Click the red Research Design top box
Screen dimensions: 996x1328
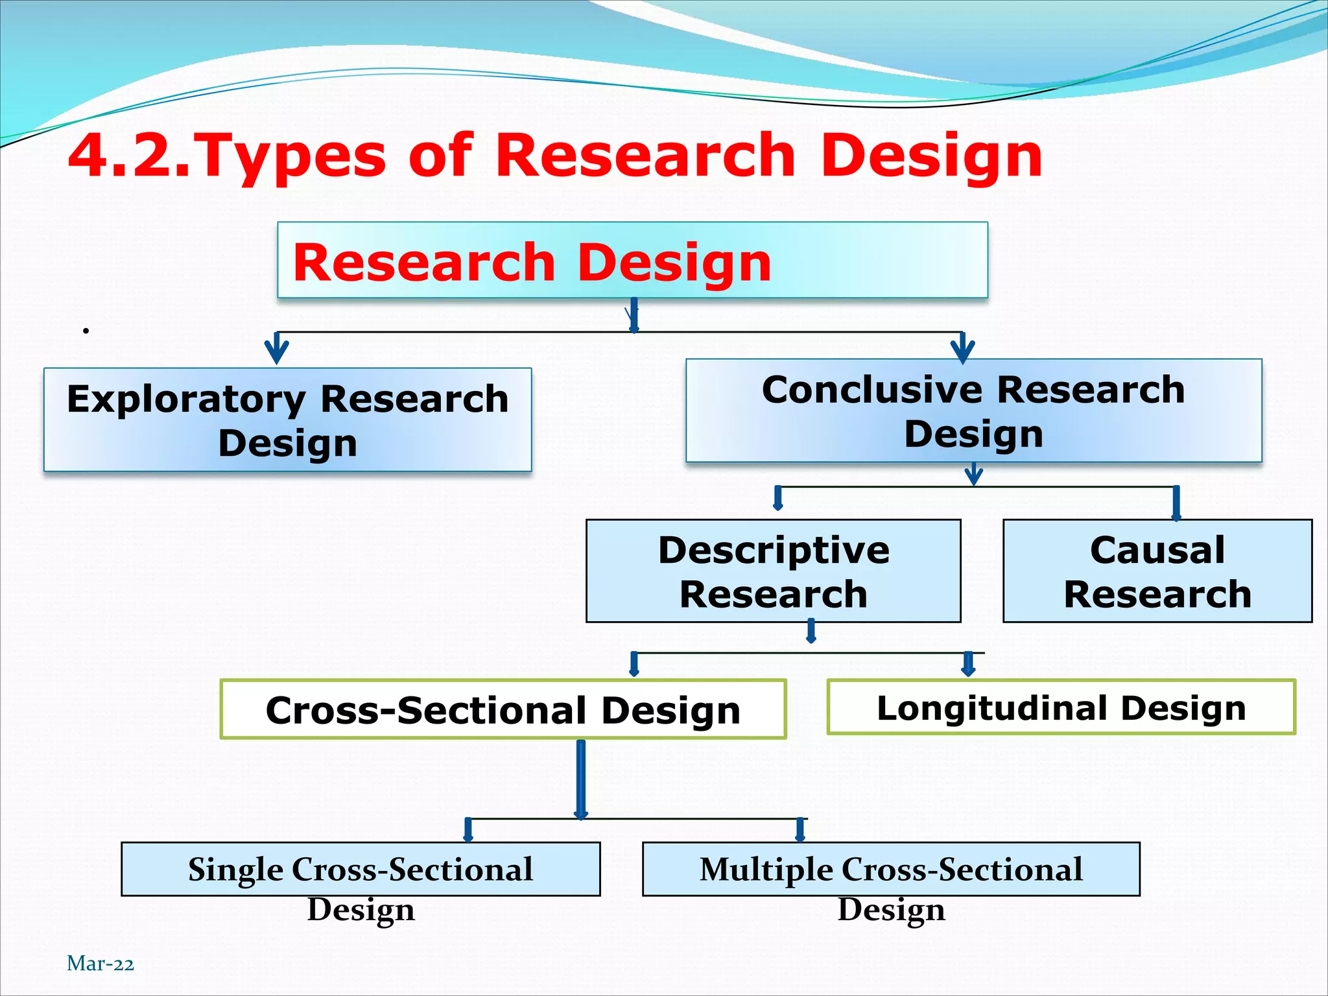[632, 261]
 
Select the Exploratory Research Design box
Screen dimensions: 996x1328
[287, 420]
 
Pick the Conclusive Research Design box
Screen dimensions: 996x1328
[973, 411]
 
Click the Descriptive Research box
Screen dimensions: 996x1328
[773, 571]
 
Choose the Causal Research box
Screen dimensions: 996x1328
[1157, 571]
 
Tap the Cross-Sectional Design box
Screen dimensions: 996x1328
[503, 709]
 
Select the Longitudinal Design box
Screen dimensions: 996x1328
[1061, 707]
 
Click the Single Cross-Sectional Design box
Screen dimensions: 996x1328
[361, 870]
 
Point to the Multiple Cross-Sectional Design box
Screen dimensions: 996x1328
[890, 870]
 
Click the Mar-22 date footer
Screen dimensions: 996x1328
[101, 964]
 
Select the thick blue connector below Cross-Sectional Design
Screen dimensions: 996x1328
[581, 778]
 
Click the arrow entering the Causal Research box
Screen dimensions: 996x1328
[1176, 504]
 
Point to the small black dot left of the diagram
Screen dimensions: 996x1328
[86, 331]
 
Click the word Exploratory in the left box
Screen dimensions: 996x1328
[185, 398]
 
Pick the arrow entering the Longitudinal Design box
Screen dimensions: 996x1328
[968, 665]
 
